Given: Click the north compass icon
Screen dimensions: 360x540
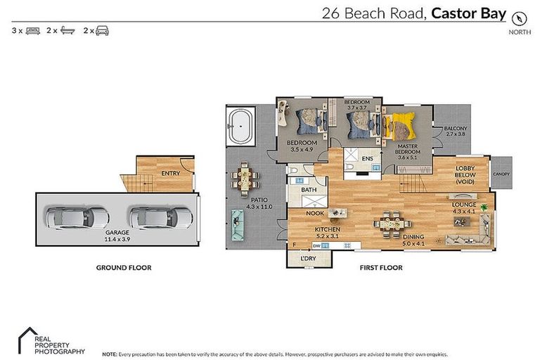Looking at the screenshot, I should (520, 17).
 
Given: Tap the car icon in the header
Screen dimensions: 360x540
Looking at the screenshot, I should (102, 30).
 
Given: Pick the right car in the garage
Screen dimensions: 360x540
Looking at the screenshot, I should (161, 216).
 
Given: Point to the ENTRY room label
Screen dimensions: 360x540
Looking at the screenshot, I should (170, 173).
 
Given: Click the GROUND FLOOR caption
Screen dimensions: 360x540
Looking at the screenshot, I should (123, 267).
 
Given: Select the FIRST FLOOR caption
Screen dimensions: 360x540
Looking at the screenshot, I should (380, 267).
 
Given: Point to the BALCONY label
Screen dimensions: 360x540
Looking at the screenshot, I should (456, 128).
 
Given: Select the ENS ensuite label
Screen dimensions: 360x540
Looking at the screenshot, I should (367, 158).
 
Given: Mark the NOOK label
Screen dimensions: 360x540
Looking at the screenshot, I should (314, 213).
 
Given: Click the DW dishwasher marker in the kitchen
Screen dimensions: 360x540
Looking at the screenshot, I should (317, 245).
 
